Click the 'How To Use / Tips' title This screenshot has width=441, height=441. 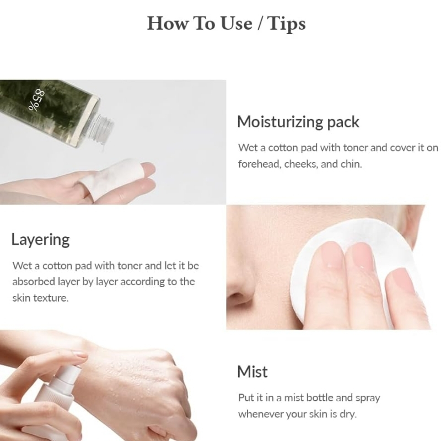[x=226, y=23]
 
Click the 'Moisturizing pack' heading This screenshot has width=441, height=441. [x=298, y=122]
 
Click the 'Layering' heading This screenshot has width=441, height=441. [x=40, y=240]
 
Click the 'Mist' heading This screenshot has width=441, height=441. [x=252, y=372]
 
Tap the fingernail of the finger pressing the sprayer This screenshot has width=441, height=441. [x=79, y=354]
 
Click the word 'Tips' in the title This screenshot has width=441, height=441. [x=286, y=24]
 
